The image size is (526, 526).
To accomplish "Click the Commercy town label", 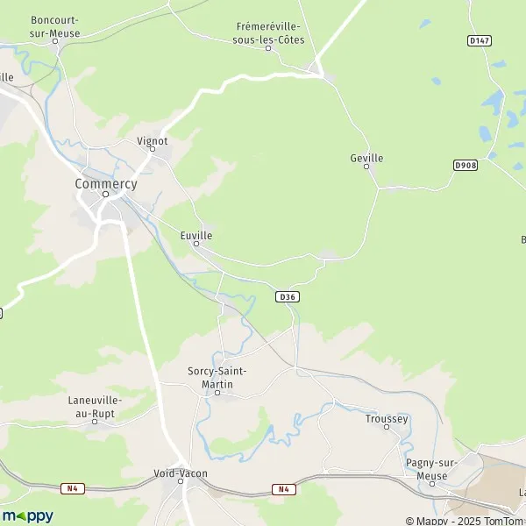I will click(x=105, y=184).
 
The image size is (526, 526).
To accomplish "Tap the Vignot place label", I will click(x=152, y=139).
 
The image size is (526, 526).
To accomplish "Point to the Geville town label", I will click(x=366, y=158).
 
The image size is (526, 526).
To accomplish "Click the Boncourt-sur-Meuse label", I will click(x=54, y=26).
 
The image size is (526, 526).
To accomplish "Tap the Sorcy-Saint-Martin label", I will click(x=217, y=377).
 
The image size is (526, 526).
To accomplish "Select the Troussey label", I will click(x=387, y=419).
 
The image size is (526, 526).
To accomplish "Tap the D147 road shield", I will click(x=478, y=40).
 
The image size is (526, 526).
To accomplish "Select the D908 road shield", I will click(x=465, y=165).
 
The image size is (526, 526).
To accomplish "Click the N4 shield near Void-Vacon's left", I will click(x=73, y=487).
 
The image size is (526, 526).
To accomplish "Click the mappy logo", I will click(x=28, y=515).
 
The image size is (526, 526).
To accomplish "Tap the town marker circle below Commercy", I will click(x=105, y=195).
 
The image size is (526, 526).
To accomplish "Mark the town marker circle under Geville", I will click(x=366, y=167).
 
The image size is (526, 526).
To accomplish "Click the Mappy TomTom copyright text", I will click(x=464, y=521).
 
